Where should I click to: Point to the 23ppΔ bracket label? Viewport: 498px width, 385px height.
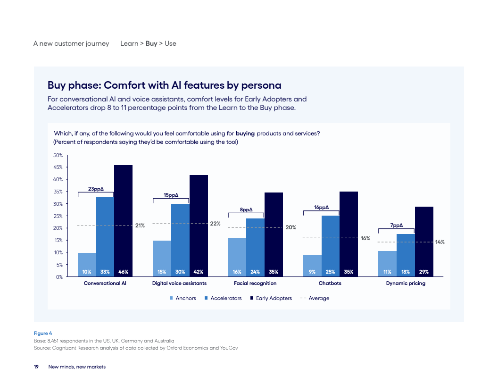(x=96, y=189)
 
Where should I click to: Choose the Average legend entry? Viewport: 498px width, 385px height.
(x=318, y=298)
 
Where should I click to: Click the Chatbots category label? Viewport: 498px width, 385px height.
(x=330, y=284)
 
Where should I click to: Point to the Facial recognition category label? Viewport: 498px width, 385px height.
(x=255, y=284)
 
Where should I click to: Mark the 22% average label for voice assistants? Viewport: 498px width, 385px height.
(x=215, y=224)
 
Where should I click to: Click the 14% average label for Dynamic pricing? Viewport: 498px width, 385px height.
(x=440, y=242)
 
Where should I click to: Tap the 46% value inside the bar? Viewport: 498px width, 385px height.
(x=123, y=272)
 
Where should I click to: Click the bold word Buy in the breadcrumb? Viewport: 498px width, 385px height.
(x=151, y=43)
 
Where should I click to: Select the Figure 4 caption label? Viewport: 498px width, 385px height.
(x=42, y=333)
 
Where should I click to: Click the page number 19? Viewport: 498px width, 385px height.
(x=36, y=367)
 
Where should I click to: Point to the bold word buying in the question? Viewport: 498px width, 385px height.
(x=245, y=134)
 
